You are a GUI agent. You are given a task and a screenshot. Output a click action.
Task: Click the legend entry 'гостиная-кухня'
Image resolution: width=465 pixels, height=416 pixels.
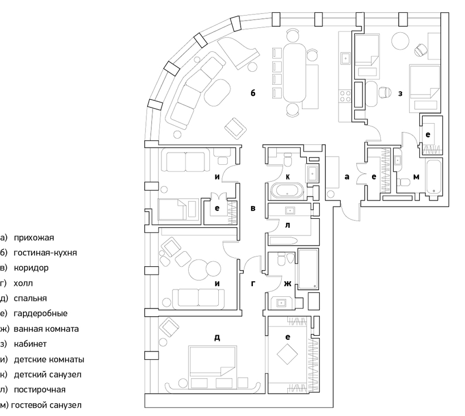pyautogui.click(x=45, y=253)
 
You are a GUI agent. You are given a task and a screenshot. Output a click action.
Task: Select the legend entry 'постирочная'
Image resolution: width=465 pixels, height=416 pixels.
pyautogui.click(x=40, y=390)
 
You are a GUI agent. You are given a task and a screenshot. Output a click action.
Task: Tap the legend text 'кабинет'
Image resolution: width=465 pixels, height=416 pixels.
pyautogui.click(x=30, y=344)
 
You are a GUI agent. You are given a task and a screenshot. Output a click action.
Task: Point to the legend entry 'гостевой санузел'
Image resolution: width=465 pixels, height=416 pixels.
pyautogui.click(x=46, y=405)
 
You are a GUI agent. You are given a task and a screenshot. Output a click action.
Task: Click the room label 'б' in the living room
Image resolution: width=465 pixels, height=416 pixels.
pyautogui.click(x=253, y=93)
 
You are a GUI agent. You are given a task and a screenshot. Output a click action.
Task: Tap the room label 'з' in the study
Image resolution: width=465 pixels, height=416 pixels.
pyautogui.click(x=400, y=94)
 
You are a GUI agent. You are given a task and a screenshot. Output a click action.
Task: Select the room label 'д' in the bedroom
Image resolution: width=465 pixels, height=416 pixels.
pyautogui.click(x=217, y=337)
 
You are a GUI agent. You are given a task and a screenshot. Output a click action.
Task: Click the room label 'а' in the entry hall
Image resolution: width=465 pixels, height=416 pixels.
pyautogui.click(x=347, y=177)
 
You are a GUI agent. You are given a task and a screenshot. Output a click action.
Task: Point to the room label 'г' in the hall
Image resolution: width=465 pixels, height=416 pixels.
pyautogui.click(x=253, y=284)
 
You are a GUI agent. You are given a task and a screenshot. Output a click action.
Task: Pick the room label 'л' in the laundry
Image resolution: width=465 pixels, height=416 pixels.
pyautogui.click(x=287, y=226)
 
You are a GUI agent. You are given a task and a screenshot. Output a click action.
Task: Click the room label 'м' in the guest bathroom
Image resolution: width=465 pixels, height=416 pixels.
pyautogui.click(x=416, y=177)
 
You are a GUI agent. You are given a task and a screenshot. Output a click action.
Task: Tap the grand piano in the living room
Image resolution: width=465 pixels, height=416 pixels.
pyautogui.click(x=239, y=53)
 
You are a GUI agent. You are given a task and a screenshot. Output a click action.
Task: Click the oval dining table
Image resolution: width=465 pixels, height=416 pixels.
pyautogui.click(x=294, y=73)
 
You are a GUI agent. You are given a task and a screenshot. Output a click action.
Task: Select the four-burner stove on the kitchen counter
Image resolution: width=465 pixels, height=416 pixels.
pyautogui.click(x=345, y=97)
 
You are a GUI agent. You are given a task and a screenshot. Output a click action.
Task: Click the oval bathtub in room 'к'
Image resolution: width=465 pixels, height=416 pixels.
pyautogui.click(x=287, y=191)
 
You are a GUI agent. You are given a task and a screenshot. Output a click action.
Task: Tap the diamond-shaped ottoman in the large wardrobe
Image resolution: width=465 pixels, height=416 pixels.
pyautogui.click(x=287, y=354)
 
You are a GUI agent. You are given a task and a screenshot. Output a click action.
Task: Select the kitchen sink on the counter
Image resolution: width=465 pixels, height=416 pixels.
pyautogui.click(x=345, y=58)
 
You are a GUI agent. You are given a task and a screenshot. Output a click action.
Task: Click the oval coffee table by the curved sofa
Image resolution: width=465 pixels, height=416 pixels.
pyautogui.click(x=217, y=93)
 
